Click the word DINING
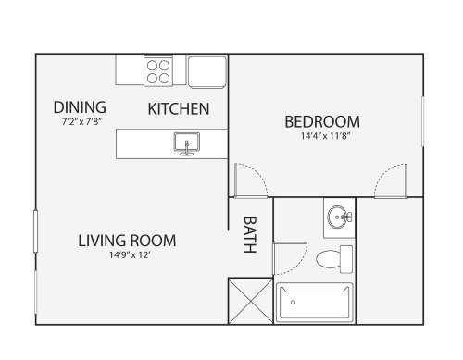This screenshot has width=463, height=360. (x=80, y=107)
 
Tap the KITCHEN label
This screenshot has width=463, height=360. (x=179, y=109)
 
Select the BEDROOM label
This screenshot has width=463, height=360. (x=322, y=121)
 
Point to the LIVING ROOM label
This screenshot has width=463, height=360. (x=127, y=241)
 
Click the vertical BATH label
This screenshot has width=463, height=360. (x=250, y=235)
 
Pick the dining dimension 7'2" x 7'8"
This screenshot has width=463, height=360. (x=81, y=122)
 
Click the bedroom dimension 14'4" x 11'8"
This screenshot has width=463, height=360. (x=325, y=136)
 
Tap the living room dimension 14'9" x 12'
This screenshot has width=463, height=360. (x=131, y=255)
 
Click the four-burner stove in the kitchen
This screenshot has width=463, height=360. (x=158, y=71)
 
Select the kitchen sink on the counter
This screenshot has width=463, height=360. (x=187, y=143)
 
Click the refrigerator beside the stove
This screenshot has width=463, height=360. (x=207, y=72)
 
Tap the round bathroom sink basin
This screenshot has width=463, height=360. (x=338, y=217)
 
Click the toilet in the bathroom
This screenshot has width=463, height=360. (x=334, y=259)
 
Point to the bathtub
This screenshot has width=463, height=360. (x=314, y=303)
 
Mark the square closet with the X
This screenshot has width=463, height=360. (x=251, y=301)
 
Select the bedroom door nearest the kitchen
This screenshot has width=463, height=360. (x=251, y=181)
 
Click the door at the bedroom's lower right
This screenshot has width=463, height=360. (x=391, y=181)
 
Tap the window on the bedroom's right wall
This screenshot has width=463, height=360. (x=423, y=121)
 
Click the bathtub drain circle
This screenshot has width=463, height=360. (x=294, y=303)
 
